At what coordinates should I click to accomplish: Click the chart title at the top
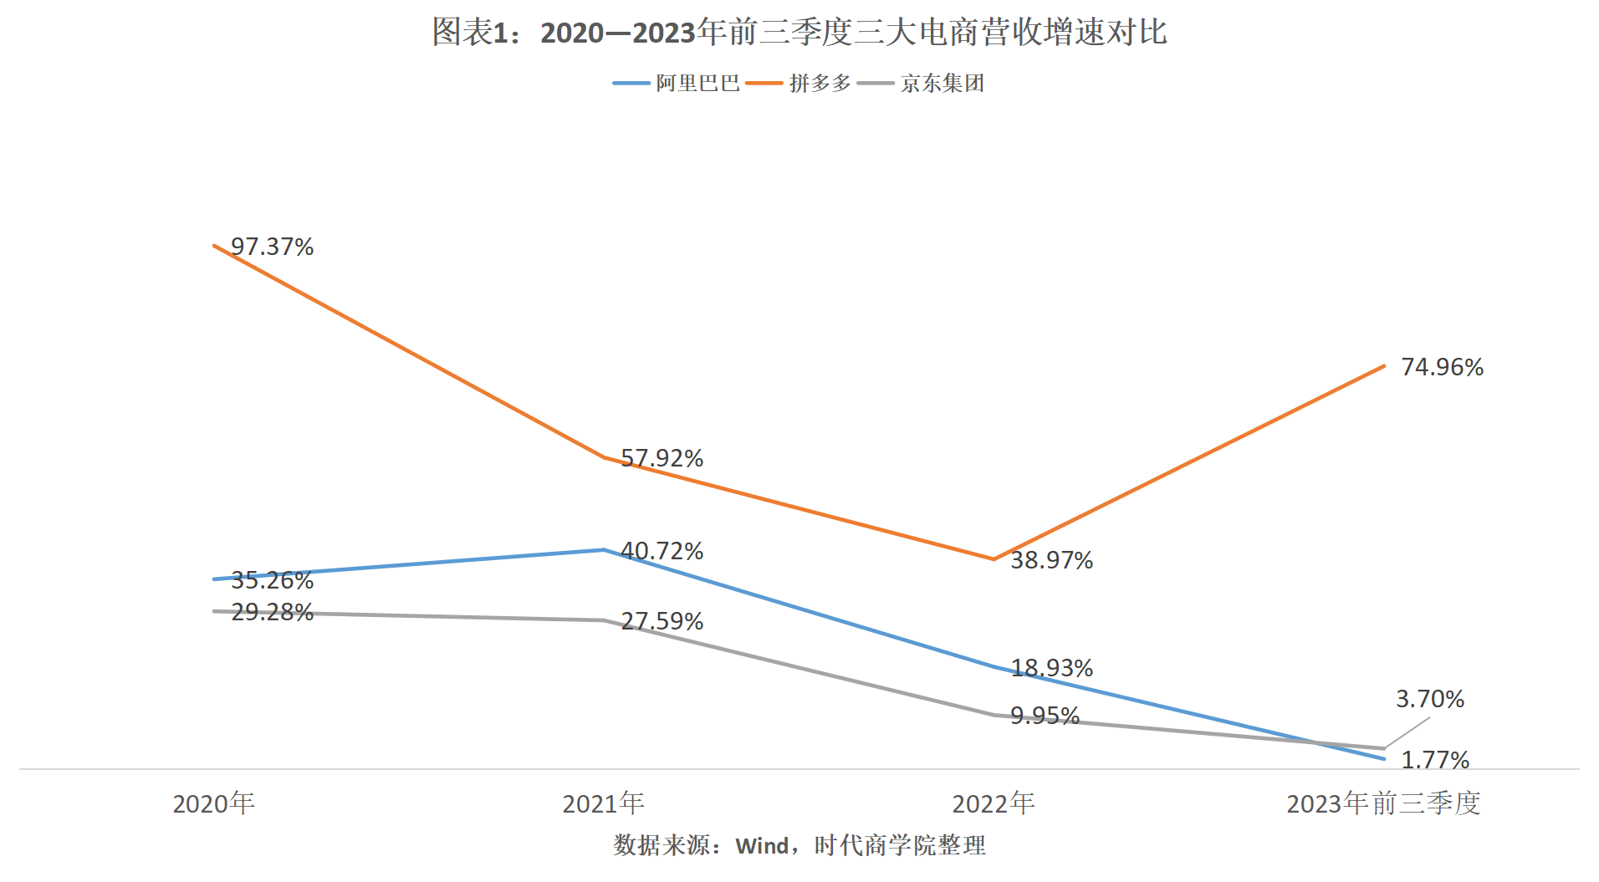pos(799,33)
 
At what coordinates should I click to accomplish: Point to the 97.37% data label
pos(272,247)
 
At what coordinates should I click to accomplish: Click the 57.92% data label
pos(662,458)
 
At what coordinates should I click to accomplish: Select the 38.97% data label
pos(1051,560)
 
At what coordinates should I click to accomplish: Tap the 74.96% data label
pos(1442,367)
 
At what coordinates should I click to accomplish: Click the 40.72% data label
pos(662,551)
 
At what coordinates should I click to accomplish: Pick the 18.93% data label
pos(1051,668)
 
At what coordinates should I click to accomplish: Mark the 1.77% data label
pos(1435,760)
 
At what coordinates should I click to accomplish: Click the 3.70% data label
pos(1430,699)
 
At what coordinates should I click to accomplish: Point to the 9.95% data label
pos(1045,716)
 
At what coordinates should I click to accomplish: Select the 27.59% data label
pos(662,621)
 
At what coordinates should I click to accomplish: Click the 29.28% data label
pos(272,612)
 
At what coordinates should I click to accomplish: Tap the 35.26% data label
pos(272,579)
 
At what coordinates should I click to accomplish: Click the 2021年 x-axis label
pos(603,803)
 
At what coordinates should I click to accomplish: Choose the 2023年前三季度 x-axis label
pos(1383,803)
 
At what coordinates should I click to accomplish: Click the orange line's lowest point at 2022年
pos(994,559)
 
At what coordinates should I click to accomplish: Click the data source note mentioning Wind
pos(799,845)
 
